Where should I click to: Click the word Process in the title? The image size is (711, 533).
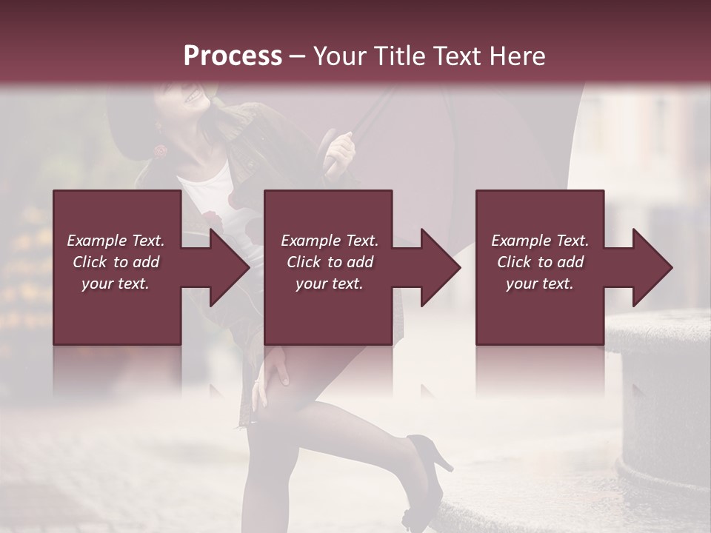click(233, 56)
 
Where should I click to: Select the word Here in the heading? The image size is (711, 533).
click(517, 56)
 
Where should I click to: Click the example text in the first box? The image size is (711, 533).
click(116, 262)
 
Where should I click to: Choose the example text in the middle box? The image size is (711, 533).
click(329, 262)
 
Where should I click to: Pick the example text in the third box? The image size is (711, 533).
click(540, 262)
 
